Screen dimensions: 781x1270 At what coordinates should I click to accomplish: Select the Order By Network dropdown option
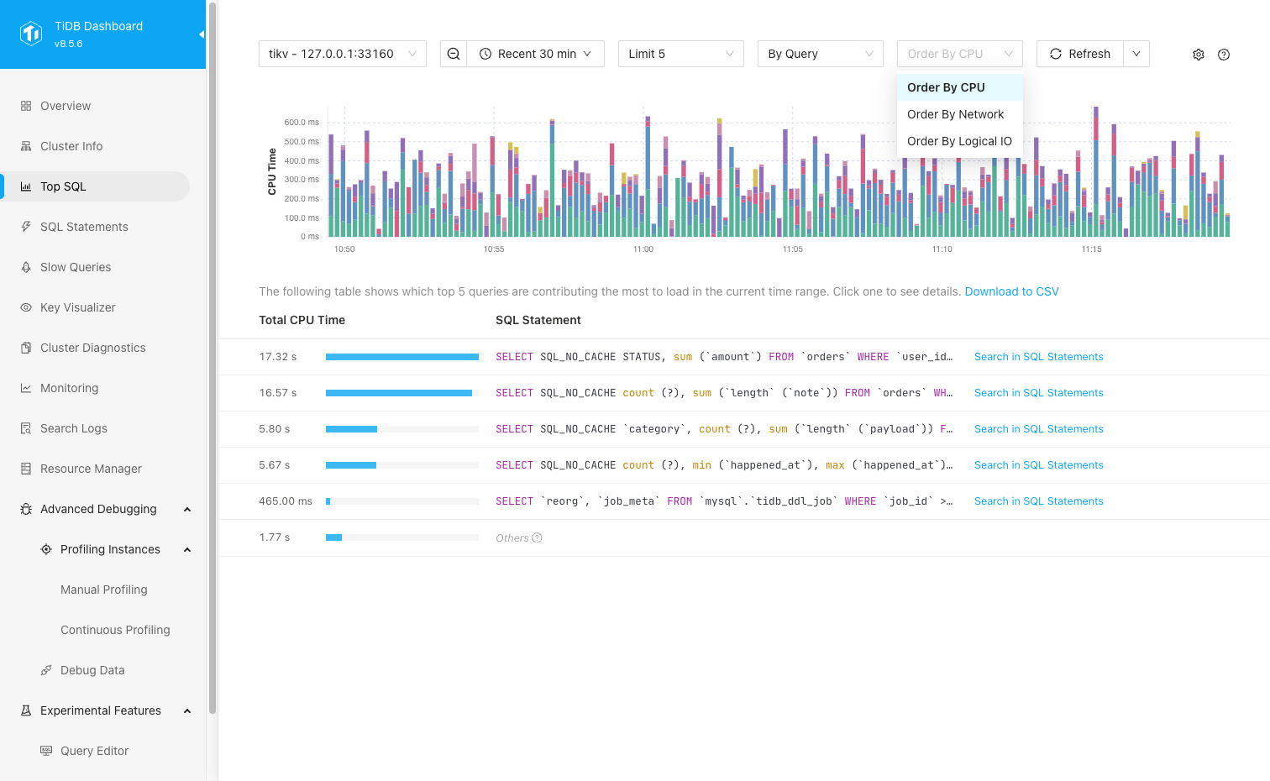(x=955, y=114)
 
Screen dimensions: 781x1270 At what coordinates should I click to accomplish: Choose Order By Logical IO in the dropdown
(x=959, y=141)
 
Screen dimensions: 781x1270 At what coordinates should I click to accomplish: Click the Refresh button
(x=1080, y=54)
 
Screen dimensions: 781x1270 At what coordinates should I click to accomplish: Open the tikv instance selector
(x=342, y=54)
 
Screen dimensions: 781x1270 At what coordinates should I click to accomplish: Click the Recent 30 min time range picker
(x=535, y=54)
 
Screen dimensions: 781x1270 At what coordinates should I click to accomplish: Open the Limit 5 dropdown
(x=680, y=54)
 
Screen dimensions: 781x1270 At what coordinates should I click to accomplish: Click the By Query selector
(x=820, y=54)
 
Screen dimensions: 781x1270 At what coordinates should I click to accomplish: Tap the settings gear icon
(x=1199, y=55)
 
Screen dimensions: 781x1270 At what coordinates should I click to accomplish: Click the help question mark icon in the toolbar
(x=1224, y=55)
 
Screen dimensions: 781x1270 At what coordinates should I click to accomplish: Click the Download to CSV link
(x=1011, y=291)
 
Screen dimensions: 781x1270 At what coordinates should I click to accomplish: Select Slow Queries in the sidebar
(x=76, y=267)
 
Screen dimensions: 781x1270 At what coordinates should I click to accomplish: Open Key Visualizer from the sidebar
(x=78, y=307)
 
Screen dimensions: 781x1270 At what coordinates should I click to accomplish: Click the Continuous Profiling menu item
(x=115, y=630)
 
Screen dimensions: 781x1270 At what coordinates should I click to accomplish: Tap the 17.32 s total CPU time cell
(x=278, y=357)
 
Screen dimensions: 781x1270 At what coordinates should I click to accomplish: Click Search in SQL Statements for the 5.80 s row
(x=1038, y=429)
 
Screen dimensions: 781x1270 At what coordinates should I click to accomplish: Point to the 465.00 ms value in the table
(x=286, y=501)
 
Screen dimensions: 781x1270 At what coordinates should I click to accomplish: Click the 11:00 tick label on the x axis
(x=643, y=249)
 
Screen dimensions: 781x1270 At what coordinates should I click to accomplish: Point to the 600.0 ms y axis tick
(x=302, y=123)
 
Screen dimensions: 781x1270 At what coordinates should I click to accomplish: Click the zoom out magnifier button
(x=454, y=54)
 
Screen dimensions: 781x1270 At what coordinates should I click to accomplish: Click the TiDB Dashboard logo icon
(x=31, y=34)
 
